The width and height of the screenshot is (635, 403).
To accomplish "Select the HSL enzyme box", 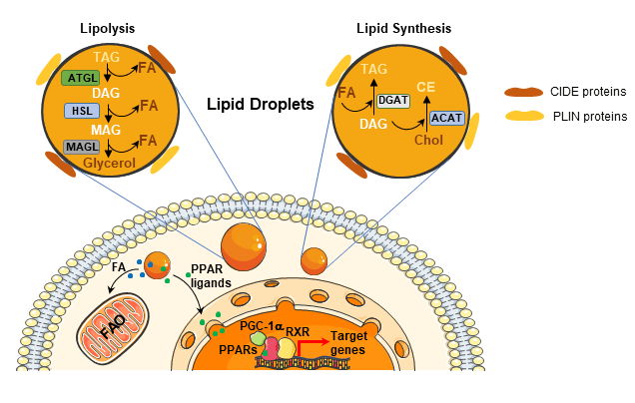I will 81,111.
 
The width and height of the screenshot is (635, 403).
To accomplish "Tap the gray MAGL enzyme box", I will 81,147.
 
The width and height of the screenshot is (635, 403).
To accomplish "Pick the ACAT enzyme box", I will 446,118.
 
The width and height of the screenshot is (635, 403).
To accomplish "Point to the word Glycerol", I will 109,163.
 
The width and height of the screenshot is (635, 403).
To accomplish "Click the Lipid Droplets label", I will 261,104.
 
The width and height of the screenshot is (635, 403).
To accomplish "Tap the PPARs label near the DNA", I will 239,349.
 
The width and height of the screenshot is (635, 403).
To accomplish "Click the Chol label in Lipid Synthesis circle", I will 427,140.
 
